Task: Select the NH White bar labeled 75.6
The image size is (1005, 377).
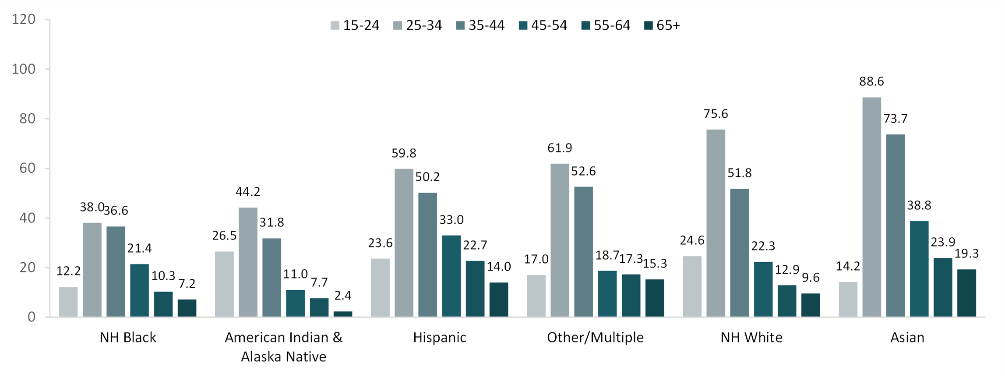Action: click(716, 223)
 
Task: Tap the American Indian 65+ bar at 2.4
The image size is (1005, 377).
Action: click(343, 314)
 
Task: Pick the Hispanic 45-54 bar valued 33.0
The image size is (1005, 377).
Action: click(451, 276)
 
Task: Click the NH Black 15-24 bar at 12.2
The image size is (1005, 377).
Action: click(68, 302)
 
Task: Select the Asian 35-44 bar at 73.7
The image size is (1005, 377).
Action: click(895, 225)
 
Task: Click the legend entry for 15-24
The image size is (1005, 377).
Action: click(355, 26)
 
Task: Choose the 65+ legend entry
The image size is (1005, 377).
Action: click(663, 26)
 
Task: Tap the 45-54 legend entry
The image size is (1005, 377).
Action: click(543, 26)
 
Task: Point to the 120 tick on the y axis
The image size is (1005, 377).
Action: click(24, 19)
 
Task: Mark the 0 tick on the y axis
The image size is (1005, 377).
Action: click(31, 317)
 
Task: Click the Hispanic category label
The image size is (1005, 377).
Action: click(440, 338)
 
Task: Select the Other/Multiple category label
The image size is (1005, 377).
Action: click(595, 338)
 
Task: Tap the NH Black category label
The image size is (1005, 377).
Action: click(128, 338)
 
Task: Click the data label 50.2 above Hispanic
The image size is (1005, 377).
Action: click(427, 177)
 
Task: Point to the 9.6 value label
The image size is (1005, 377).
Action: click(810, 278)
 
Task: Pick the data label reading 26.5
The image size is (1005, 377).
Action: click(224, 236)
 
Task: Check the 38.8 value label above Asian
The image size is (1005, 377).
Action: click(919, 205)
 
